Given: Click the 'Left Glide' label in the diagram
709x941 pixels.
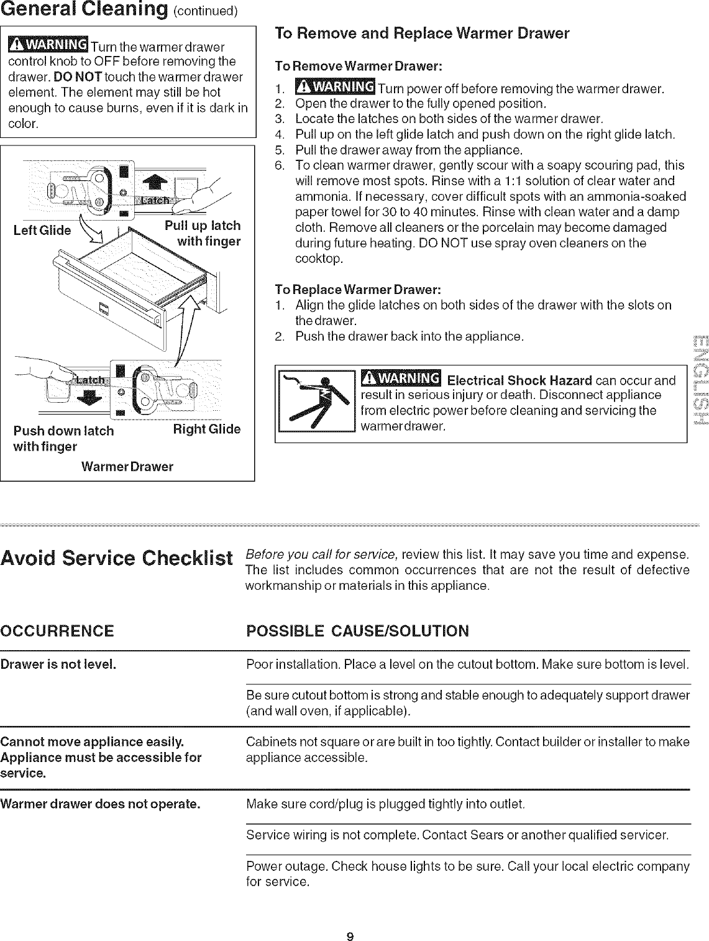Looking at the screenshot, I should (x=42, y=231).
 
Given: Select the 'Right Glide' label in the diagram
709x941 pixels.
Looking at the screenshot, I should (x=206, y=429).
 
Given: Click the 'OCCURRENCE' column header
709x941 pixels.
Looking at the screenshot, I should (x=57, y=631).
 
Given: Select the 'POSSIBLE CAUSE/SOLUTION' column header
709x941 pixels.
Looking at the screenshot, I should (x=357, y=631).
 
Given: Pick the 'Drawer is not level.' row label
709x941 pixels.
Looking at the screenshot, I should (x=59, y=664).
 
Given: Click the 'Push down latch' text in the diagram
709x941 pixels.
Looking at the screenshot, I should (x=64, y=431).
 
